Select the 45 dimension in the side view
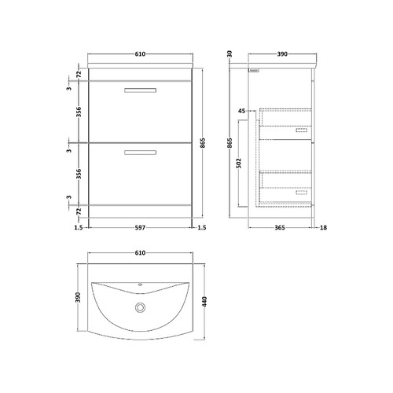click(243, 111)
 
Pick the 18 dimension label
click(323, 230)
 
